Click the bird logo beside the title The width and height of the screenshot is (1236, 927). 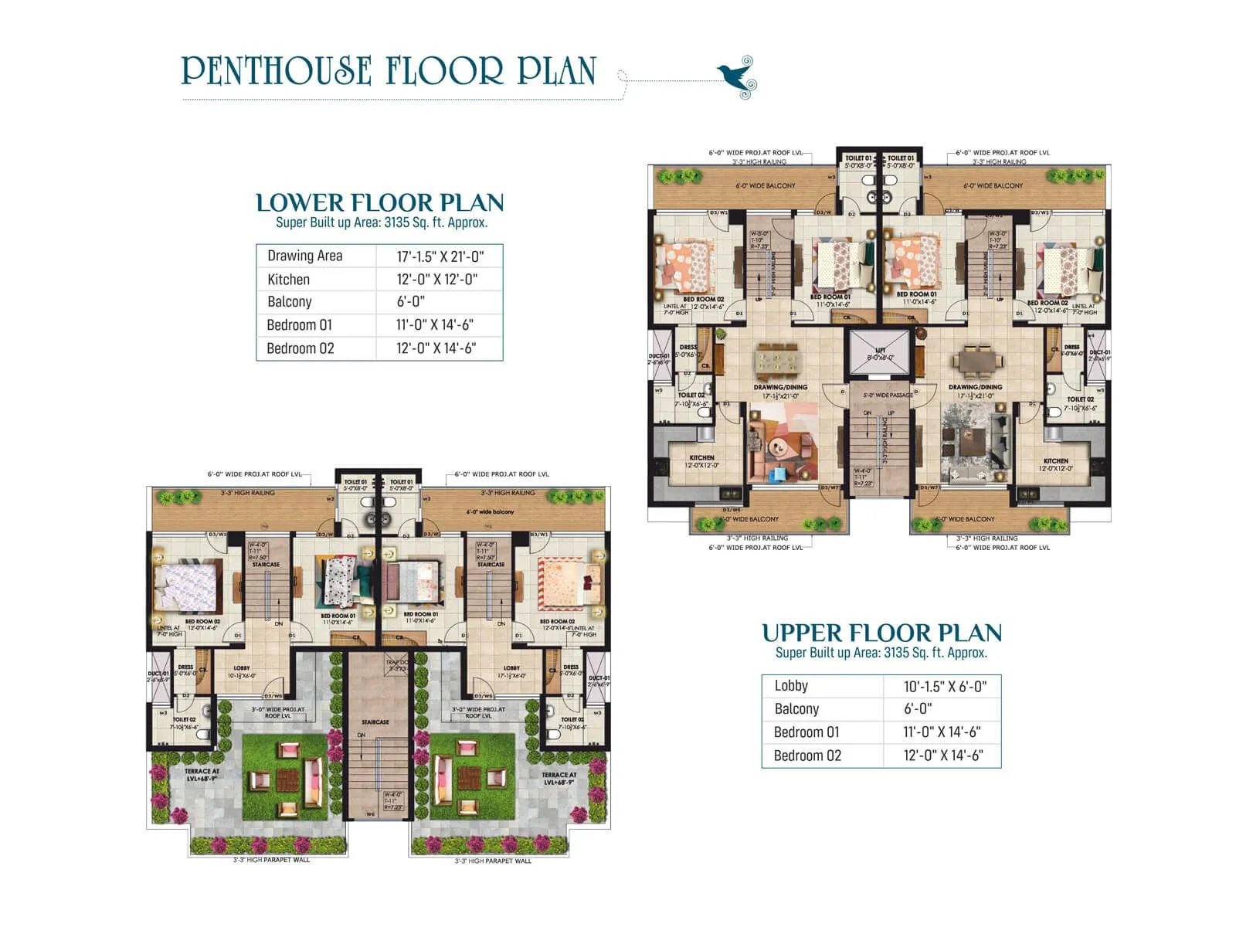click(x=738, y=77)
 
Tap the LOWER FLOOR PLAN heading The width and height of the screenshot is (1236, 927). click(x=379, y=203)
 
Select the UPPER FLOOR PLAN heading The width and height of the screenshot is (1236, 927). click(x=881, y=633)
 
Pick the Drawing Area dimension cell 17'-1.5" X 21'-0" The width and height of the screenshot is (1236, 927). click(x=440, y=256)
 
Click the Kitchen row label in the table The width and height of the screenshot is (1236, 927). click(x=288, y=280)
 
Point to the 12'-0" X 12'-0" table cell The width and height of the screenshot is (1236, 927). click(x=437, y=280)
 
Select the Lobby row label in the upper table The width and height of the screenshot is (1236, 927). click(x=791, y=686)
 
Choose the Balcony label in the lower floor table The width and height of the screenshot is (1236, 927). click(x=290, y=302)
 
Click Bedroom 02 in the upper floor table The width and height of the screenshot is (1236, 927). click(x=807, y=756)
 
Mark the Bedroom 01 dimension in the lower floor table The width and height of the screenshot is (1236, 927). click(x=435, y=325)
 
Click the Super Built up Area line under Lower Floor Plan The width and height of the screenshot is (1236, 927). click(x=382, y=222)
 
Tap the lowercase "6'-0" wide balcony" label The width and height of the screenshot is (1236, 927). click(x=490, y=511)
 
